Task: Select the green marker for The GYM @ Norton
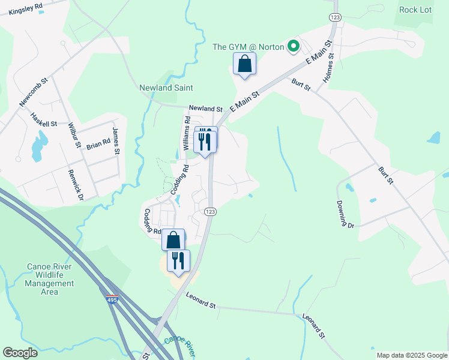294,46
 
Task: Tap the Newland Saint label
166,88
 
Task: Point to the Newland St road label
206,109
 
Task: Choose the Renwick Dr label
77,179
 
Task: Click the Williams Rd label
186,134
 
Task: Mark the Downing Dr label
346,214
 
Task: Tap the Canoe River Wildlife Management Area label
50,279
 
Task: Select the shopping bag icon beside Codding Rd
173,240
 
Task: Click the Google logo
20,353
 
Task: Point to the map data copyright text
412,355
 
